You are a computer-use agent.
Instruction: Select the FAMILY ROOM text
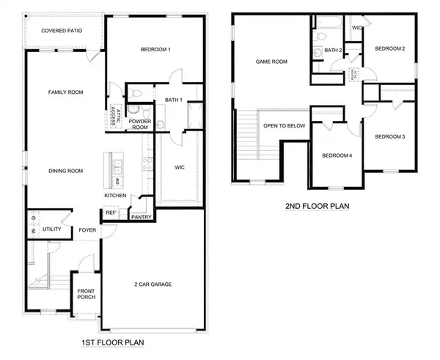(66, 92)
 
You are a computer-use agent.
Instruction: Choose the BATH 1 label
(173, 99)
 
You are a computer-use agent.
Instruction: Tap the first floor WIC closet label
(178, 167)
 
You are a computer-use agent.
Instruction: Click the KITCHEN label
(115, 196)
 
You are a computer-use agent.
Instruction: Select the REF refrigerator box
(111, 213)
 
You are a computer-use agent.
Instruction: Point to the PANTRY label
(140, 218)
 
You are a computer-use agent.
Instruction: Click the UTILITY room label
(51, 229)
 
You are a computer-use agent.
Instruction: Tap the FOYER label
(89, 229)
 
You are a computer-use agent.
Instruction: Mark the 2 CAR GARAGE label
(159, 284)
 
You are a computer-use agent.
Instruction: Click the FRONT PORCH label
(86, 294)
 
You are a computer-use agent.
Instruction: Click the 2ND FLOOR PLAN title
(316, 207)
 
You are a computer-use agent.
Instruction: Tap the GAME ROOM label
(269, 62)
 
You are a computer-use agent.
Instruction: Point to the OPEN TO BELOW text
(284, 125)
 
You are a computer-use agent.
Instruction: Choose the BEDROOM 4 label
(337, 155)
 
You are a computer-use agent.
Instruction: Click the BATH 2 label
(334, 50)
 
